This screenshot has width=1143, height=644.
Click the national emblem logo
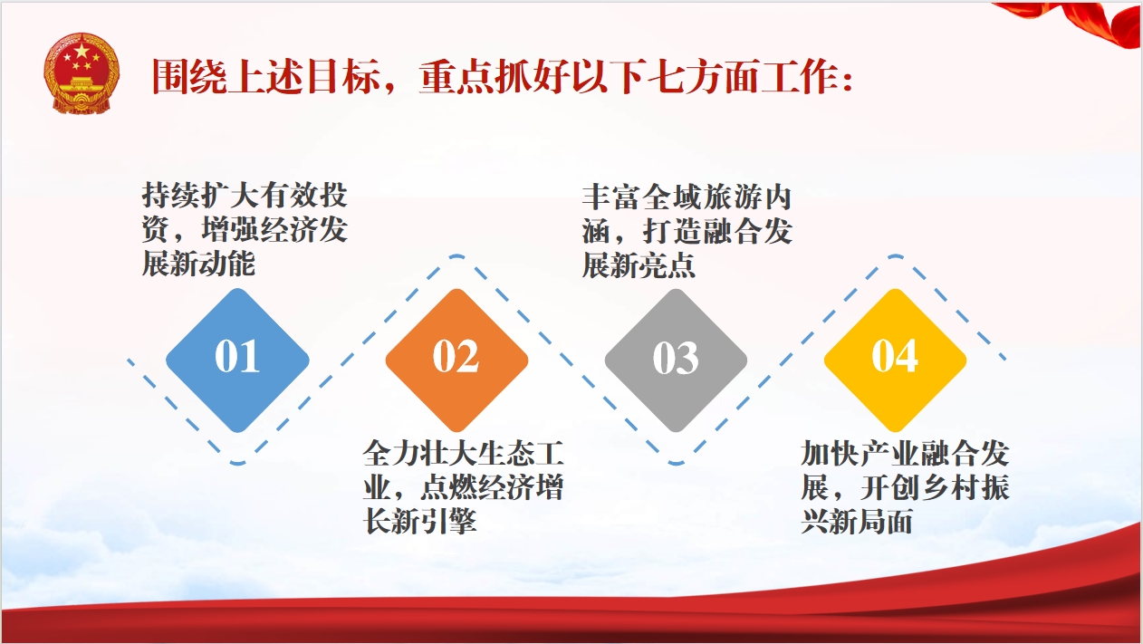[x=82, y=73]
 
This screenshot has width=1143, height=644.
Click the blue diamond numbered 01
[x=237, y=360]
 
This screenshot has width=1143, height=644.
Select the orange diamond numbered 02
[x=456, y=360]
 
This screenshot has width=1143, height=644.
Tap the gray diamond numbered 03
[x=676, y=360]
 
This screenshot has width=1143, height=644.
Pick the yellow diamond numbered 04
[x=896, y=360]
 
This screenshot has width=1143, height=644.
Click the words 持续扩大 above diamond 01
[x=201, y=195]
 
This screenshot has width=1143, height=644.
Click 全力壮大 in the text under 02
[x=421, y=453]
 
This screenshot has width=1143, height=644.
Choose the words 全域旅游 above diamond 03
[x=702, y=197]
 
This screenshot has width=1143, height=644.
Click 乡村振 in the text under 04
[x=965, y=488]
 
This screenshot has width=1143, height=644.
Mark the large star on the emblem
[x=82, y=51]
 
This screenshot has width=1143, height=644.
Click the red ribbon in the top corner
[x=1077, y=24]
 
